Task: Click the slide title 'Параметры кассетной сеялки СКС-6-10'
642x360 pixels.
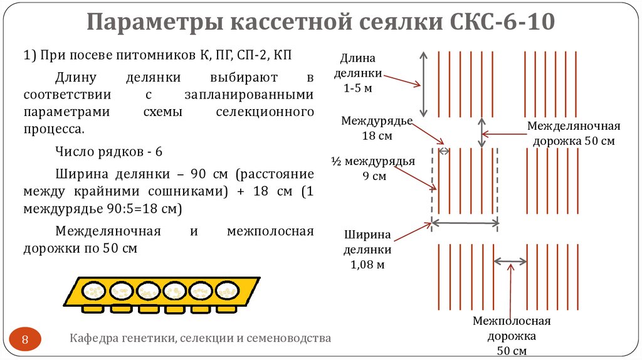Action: (x=320, y=23)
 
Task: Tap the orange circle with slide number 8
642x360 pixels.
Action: (x=26, y=340)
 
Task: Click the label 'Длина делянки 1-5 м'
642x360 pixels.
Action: (x=358, y=73)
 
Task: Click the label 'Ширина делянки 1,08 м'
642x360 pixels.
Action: (x=367, y=250)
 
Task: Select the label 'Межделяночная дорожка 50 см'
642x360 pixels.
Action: (x=573, y=133)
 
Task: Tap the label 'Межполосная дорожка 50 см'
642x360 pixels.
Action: (x=511, y=336)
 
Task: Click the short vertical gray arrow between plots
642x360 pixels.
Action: (x=482, y=132)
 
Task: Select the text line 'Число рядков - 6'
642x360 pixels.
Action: (x=108, y=152)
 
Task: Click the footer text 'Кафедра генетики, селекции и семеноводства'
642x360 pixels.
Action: (x=200, y=339)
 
